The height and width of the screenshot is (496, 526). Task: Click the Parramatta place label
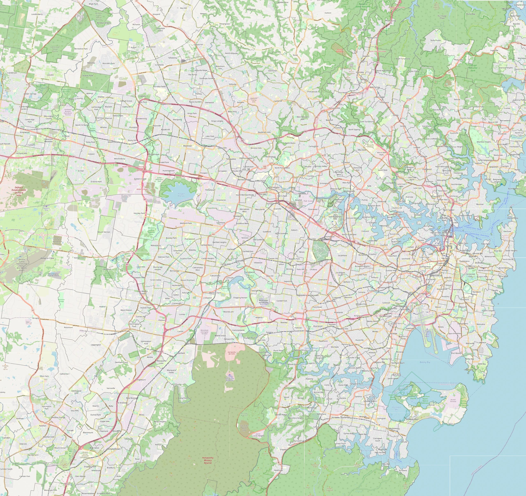pyautogui.click(x=274, y=187)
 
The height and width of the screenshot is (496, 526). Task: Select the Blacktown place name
pyautogui.click(x=188, y=146)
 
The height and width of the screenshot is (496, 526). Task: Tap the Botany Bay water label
pyautogui.click(x=425, y=362)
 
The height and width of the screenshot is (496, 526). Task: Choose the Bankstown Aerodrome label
pyautogui.click(x=263, y=302)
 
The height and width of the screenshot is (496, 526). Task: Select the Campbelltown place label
pyautogui.click(x=113, y=449)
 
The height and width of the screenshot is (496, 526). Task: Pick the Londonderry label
pyautogui.click(x=37, y=14)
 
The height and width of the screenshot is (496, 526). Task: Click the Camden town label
pyautogui.click(x=6, y=438)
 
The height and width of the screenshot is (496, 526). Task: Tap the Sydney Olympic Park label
pyautogui.click(x=335, y=218)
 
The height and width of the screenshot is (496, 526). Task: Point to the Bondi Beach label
pyautogui.click(x=504, y=268)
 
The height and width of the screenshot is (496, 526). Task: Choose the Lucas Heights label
pyautogui.click(x=258, y=436)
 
